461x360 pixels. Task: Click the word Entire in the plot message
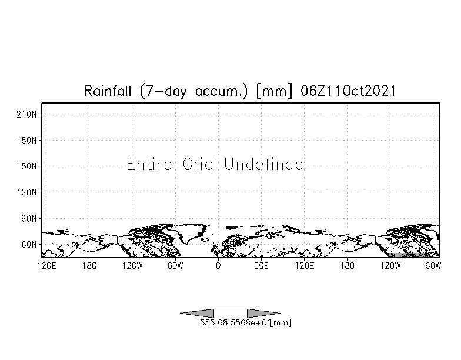click(x=150, y=164)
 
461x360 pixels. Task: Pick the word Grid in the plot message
click(x=198, y=164)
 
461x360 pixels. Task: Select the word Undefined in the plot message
click(x=263, y=164)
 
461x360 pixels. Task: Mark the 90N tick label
click(x=31, y=218)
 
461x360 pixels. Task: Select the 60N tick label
click(x=31, y=244)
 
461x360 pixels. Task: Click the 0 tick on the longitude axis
click(x=218, y=266)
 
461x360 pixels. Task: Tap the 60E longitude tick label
click(x=261, y=266)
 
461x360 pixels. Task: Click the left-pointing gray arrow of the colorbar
click(x=197, y=314)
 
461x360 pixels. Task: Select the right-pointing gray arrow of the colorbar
click(x=263, y=314)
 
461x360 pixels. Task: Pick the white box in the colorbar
click(x=230, y=314)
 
